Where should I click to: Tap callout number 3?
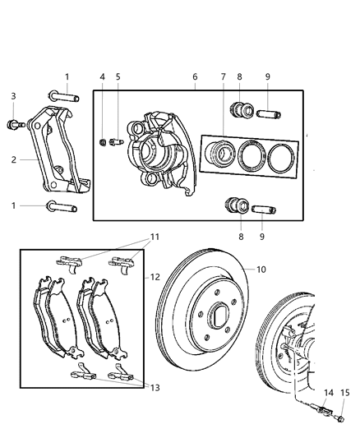click(x=13, y=97)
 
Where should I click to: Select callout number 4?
click(x=103, y=77)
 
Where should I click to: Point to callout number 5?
click(x=118, y=77)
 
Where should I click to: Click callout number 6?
click(x=195, y=77)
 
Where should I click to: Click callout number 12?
click(x=154, y=277)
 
